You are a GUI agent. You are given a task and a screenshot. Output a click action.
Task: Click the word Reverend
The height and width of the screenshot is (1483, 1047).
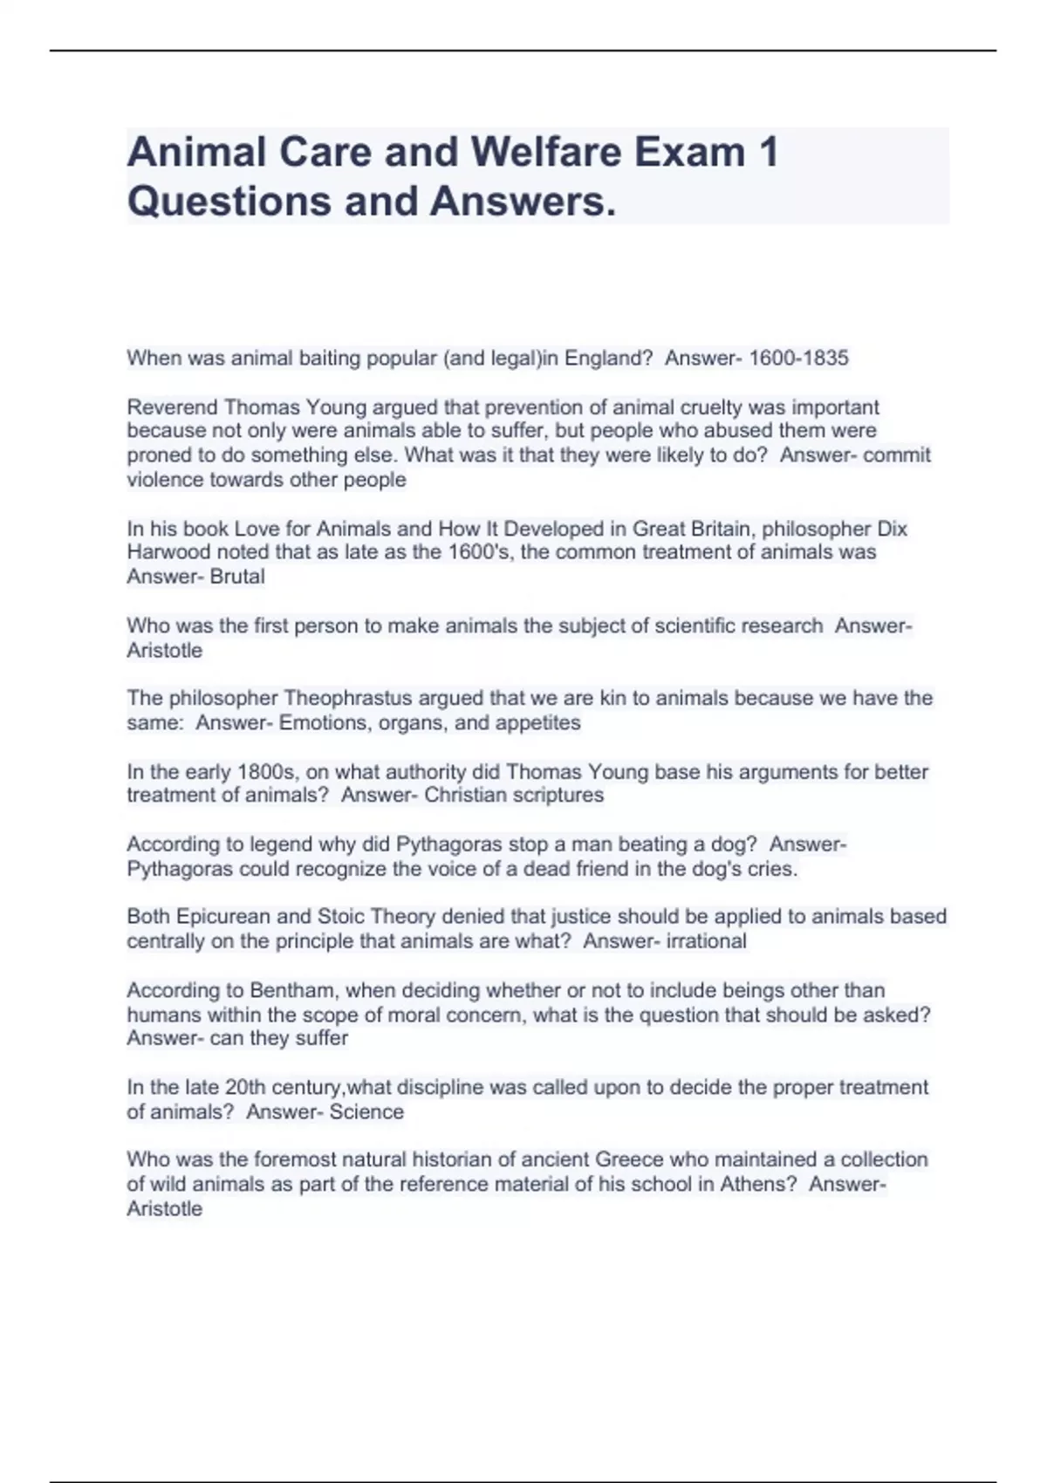(x=172, y=407)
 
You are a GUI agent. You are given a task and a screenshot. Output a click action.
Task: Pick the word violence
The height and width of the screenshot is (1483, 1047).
(x=161, y=480)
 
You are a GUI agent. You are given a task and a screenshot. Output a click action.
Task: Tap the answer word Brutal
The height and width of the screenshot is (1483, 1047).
(x=237, y=577)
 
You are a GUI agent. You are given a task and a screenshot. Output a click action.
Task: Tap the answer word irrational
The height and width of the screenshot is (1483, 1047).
(x=706, y=941)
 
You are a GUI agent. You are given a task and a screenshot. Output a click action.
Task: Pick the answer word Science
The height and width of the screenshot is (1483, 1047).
(x=366, y=1112)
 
